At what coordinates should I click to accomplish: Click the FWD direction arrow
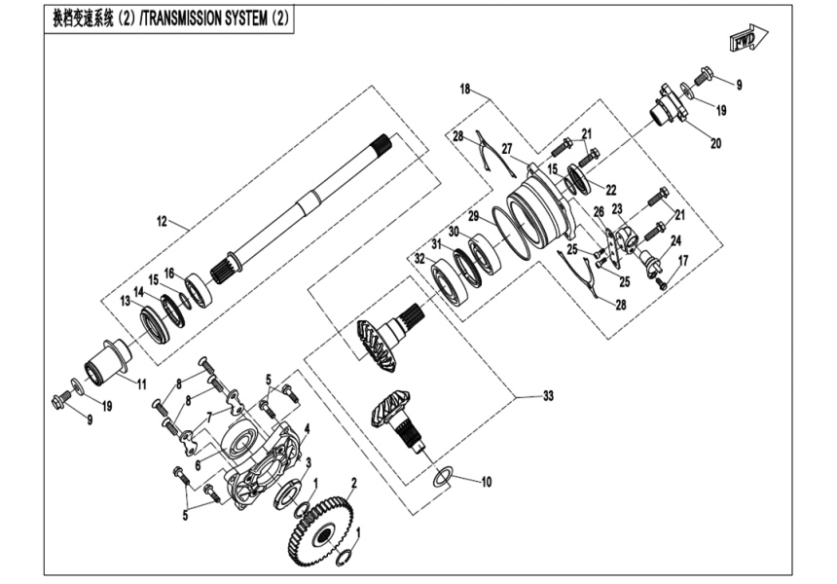point(746,40)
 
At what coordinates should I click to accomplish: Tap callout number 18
point(465,90)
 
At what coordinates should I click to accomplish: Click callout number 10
point(486,482)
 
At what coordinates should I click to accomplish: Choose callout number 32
point(418,260)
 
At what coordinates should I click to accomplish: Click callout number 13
point(126,302)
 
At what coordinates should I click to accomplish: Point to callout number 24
point(674,240)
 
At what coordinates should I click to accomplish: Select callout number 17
point(682,260)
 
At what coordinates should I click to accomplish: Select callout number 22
point(611,189)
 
